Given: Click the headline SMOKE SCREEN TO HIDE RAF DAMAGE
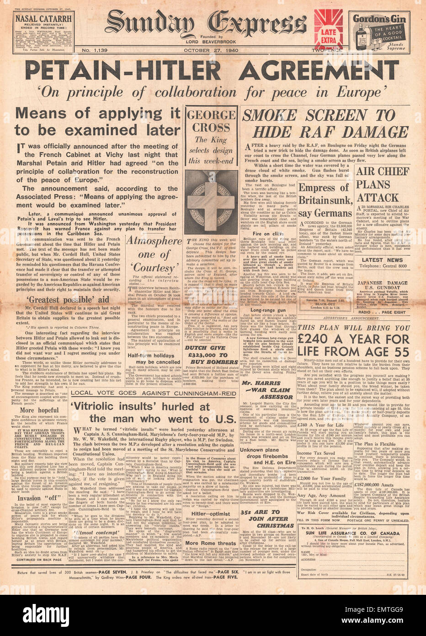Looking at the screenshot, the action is coord(325,124).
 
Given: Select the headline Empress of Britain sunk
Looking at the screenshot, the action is coord(325,200).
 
